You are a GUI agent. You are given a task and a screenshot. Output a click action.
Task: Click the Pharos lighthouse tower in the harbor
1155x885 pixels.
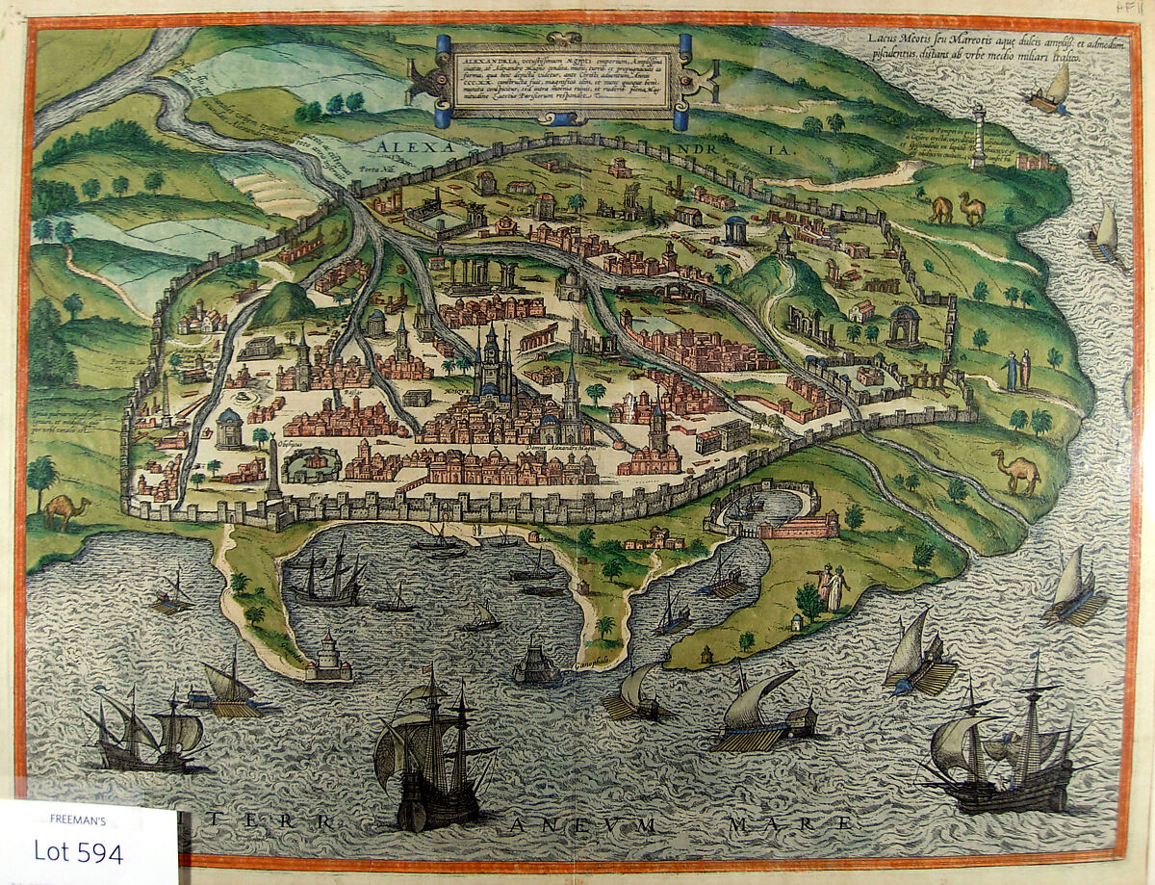tap(327, 658)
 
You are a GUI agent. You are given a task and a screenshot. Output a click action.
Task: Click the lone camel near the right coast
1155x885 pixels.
tap(1017, 471)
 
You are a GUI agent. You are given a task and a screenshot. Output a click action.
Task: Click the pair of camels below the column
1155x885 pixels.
tap(957, 208)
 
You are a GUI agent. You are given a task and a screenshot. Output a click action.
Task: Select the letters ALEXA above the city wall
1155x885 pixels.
tap(416, 146)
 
